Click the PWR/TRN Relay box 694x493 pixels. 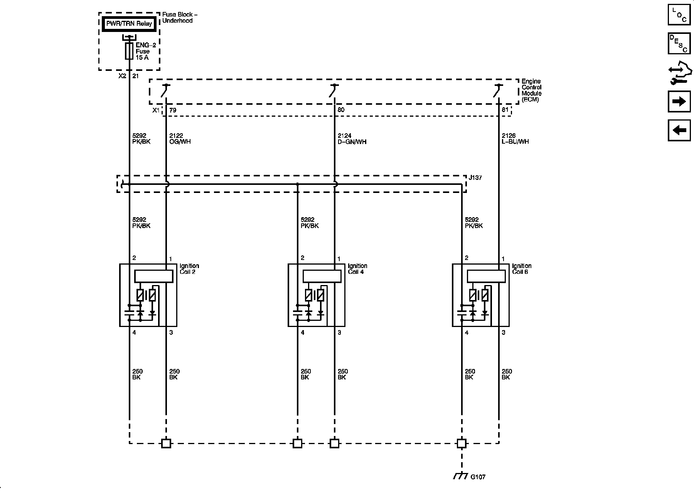point(129,24)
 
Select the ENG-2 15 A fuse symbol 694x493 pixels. point(129,51)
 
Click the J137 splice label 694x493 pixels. point(475,178)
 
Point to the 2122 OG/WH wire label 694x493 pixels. point(180,139)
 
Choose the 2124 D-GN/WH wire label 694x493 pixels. point(352,139)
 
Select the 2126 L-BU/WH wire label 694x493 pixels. point(515,139)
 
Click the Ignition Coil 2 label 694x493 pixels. point(189,269)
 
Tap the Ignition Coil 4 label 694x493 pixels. point(357,269)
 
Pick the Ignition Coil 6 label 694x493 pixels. point(521,269)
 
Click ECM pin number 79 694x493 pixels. point(173,110)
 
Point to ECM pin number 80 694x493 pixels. point(341,110)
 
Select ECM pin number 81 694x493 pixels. point(505,110)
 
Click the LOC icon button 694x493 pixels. point(679,15)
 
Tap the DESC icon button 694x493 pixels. point(679,44)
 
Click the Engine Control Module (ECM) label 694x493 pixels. point(531,91)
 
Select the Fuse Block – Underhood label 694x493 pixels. point(180,18)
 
